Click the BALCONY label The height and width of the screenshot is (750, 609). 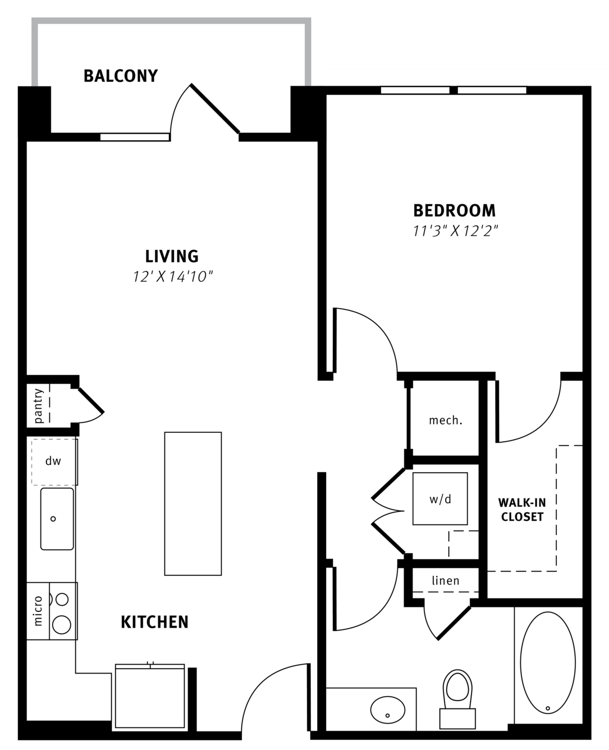120,76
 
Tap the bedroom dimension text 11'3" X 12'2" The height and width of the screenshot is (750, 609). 456,231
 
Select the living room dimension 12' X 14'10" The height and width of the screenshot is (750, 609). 173,277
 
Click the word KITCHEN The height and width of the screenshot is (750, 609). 154,622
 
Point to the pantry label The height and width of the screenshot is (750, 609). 38,406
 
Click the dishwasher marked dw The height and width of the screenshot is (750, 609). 54,462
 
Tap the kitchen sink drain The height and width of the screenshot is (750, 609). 53,519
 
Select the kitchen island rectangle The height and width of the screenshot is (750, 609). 193,504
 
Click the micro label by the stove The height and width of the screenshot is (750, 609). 38,611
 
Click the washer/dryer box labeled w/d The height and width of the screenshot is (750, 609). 440,499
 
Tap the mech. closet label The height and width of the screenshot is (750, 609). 445,420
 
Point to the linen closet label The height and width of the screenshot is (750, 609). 446,580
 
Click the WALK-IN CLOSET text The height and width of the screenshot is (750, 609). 522,510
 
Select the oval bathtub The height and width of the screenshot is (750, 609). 548,663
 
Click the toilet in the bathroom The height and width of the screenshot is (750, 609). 457,699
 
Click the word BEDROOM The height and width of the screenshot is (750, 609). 454,211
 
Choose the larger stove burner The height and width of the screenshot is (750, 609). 62,625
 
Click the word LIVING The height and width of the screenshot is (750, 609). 172,257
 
